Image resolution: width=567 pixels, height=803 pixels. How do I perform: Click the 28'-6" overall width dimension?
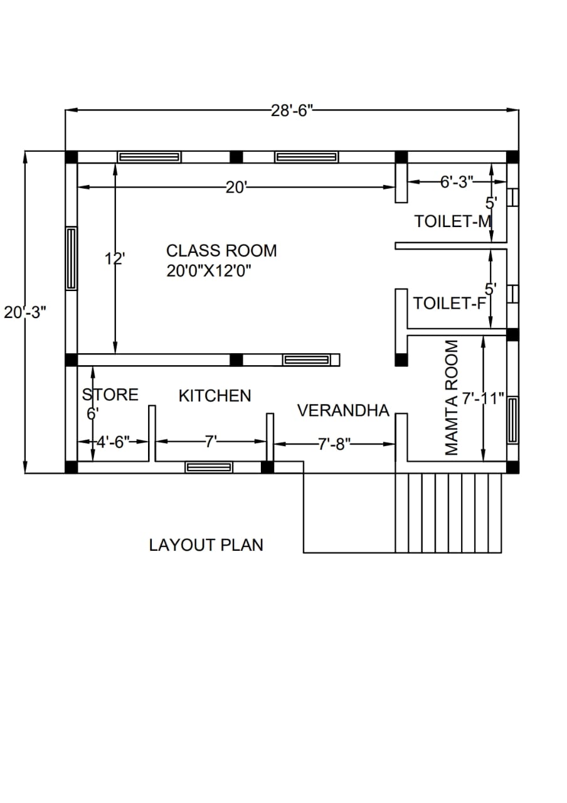[292, 111]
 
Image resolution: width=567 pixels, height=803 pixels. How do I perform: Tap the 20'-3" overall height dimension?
[25, 312]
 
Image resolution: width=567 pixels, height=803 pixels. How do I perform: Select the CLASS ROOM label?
[221, 251]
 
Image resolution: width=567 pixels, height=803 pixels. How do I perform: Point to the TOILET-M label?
[453, 221]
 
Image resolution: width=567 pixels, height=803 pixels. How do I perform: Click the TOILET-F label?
[450, 303]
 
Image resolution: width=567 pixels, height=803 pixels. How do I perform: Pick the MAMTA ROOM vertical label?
[451, 398]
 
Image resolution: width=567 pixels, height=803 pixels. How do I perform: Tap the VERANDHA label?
[343, 410]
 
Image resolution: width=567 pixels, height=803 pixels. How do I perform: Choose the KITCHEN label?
[215, 396]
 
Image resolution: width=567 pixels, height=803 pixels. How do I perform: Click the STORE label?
[110, 395]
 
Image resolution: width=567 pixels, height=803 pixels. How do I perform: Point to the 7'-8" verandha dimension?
[334, 445]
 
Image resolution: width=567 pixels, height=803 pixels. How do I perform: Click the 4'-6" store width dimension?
[113, 442]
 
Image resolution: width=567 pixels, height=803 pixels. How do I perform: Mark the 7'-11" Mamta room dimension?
[483, 398]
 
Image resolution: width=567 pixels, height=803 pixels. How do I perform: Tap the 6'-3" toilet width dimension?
[457, 182]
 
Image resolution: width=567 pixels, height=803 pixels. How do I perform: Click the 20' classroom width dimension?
[236, 187]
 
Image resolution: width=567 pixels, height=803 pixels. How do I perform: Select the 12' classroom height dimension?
[115, 258]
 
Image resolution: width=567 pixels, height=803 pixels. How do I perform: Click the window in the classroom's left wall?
[72, 258]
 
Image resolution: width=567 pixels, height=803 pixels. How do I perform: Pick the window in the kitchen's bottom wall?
[209, 467]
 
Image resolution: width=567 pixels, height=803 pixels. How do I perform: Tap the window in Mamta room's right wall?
[513, 420]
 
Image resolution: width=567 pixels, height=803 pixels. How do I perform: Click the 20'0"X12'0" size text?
[209, 272]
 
